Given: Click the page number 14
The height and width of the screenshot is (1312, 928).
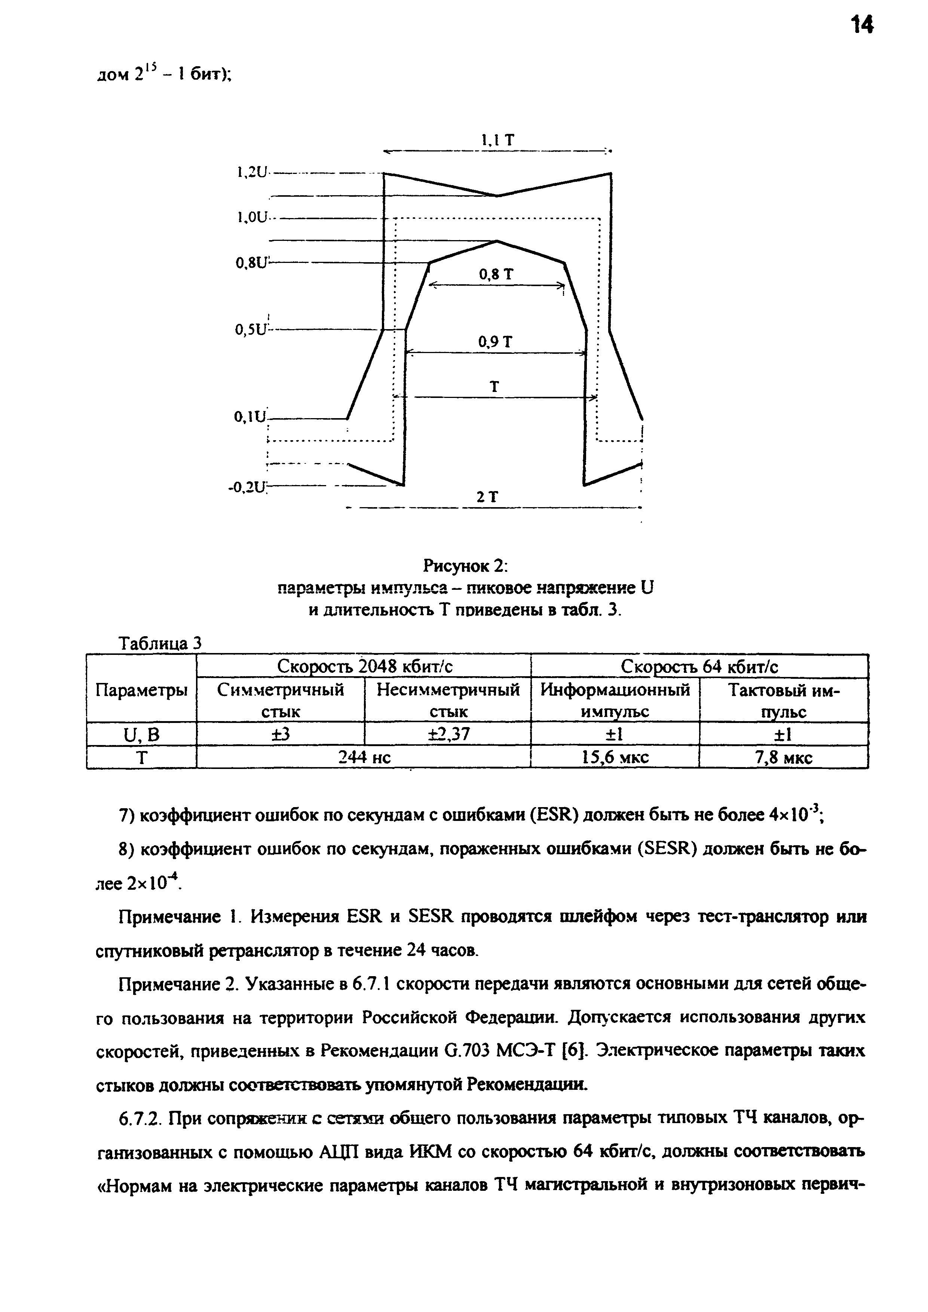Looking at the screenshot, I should (x=862, y=26).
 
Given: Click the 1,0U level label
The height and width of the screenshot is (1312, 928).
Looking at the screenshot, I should (x=251, y=217).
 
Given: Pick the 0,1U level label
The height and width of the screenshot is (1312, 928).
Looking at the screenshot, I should (x=250, y=418).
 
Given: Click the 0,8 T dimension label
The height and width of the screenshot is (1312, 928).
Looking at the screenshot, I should (x=496, y=275).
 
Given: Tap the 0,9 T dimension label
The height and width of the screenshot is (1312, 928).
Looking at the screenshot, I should (x=496, y=342).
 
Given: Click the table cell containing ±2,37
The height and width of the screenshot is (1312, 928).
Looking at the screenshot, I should (x=448, y=734).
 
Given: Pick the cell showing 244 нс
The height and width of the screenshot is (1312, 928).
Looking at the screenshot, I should (x=364, y=757).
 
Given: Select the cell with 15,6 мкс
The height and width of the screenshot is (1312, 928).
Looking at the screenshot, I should (x=615, y=757).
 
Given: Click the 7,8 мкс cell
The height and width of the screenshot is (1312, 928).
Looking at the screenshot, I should (x=783, y=757).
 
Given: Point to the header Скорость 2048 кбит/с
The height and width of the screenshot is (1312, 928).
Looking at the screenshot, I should (x=364, y=666).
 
